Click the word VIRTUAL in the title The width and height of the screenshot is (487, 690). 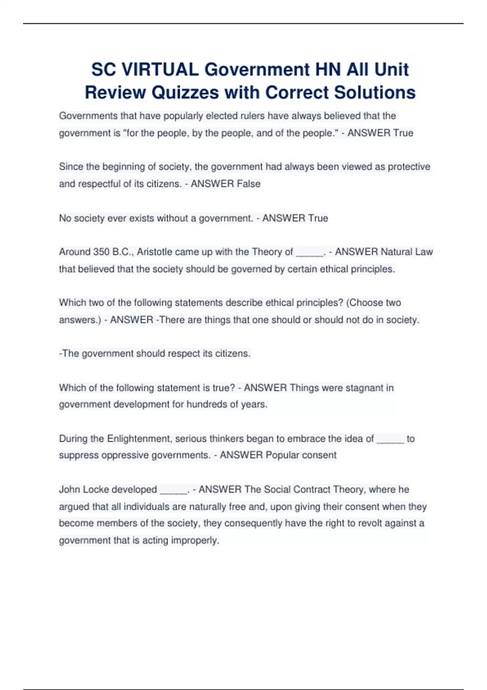160,69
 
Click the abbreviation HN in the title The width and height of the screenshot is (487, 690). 328,69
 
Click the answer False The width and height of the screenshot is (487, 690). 248,184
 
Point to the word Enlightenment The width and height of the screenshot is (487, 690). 139,439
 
